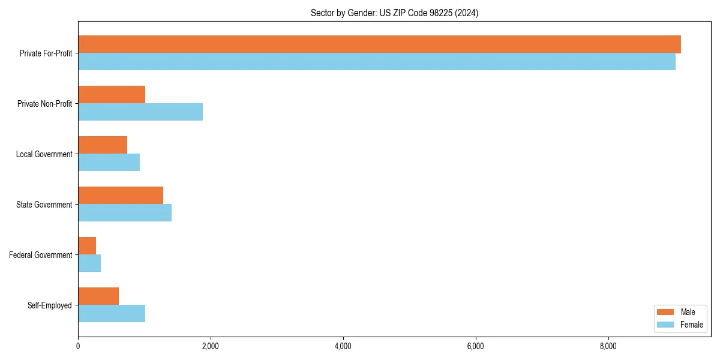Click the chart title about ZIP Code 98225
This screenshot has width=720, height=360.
point(394,13)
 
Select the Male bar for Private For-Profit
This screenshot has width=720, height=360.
point(379,44)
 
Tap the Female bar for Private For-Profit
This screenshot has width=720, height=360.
point(377,62)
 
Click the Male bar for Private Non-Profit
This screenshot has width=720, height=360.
point(112,95)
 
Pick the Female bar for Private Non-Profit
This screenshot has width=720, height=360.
point(140,112)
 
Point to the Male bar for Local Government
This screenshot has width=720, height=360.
point(103,145)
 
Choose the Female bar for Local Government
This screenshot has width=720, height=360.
point(109,163)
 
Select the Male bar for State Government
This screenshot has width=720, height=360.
point(121,196)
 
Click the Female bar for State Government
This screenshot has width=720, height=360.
point(125,213)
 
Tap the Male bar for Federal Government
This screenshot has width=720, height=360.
point(87,246)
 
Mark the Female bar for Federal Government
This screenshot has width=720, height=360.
point(89,263)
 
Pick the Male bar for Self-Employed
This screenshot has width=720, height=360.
point(98,296)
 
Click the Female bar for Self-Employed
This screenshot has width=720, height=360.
point(112,314)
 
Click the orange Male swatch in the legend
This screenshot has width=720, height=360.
point(666,312)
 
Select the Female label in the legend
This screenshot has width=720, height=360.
point(691,325)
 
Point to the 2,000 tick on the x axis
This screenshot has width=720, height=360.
point(211,346)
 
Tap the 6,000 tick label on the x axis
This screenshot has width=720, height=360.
point(475,346)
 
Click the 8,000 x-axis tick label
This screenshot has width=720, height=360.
point(608,346)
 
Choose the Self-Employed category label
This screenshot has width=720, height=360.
point(49,305)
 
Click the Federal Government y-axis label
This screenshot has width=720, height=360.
point(40,255)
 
